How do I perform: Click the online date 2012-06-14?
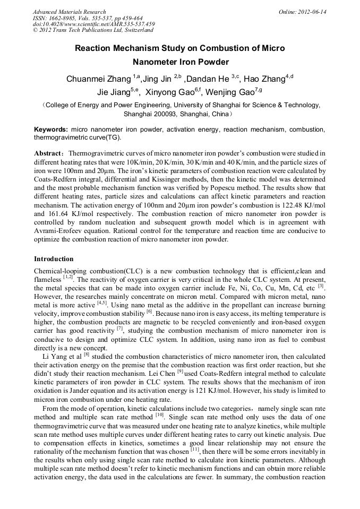click(x=311, y=12)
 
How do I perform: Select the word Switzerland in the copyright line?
click(x=135, y=30)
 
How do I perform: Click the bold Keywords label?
click(x=50, y=130)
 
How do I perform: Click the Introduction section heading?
click(x=54, y=259)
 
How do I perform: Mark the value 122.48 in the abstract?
click(x=267, y=205)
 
